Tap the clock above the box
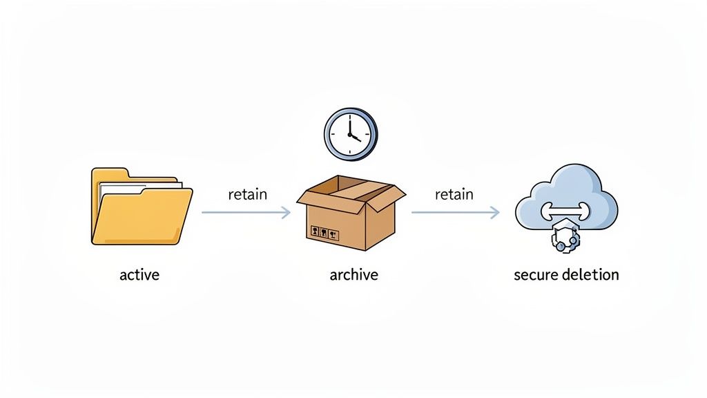point(350,133)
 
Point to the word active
point(139,275)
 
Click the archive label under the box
point(354,275)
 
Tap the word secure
point(536,275)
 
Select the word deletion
point(590,275)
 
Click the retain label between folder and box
point(247,194)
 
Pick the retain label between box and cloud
point(454,194)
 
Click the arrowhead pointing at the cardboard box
point(286,213)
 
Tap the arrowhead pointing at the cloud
point(494,213)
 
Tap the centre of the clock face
point(350,133)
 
